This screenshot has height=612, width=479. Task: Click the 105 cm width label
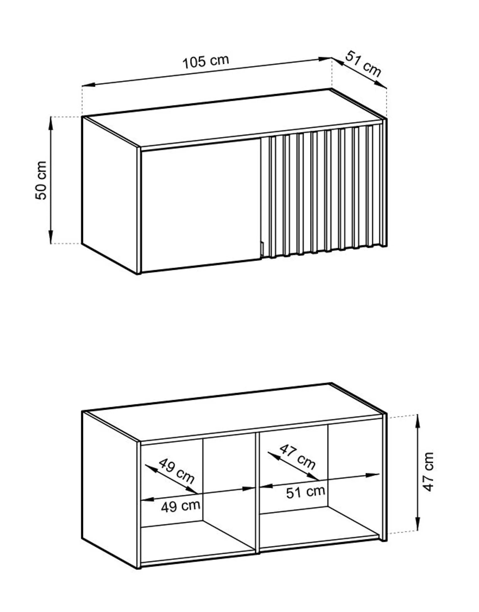(x=206, y=61)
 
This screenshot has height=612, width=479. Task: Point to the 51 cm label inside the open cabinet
(x=305, y=492)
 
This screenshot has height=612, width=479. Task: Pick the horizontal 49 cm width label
(x=180, y=506)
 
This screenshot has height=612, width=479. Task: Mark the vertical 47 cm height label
(x=428, y=471)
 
